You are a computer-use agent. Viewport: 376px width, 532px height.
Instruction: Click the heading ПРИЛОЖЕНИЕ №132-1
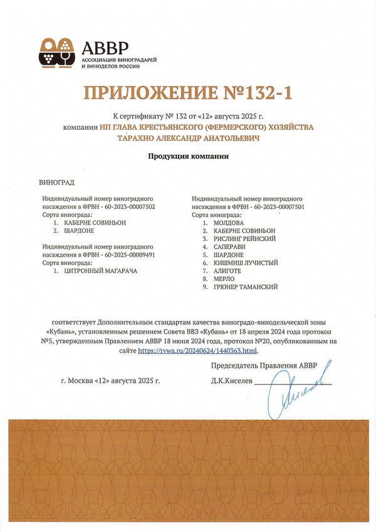tap(188, 93)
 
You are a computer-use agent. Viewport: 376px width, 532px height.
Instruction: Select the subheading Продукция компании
tap(188, 156)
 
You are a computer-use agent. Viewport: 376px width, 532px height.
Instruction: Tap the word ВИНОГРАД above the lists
tap(56, 183)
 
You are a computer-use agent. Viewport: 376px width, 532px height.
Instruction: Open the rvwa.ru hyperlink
tap(197, 350)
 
